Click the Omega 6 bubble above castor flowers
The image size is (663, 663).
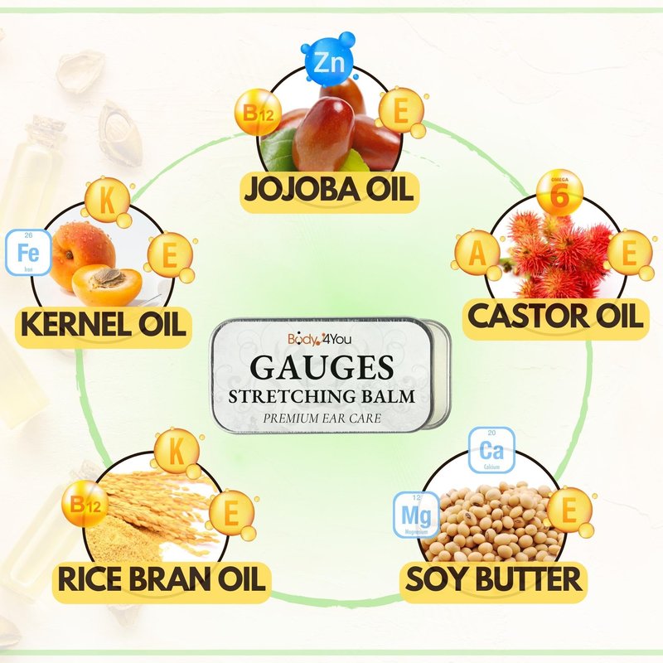[560, 192]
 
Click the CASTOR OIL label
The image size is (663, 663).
[554, 317]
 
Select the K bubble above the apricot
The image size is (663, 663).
[106, 200]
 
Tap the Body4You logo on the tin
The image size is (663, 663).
[319, 338]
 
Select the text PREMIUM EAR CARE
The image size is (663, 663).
[322, 419]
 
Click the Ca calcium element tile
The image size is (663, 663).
[491, 452]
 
